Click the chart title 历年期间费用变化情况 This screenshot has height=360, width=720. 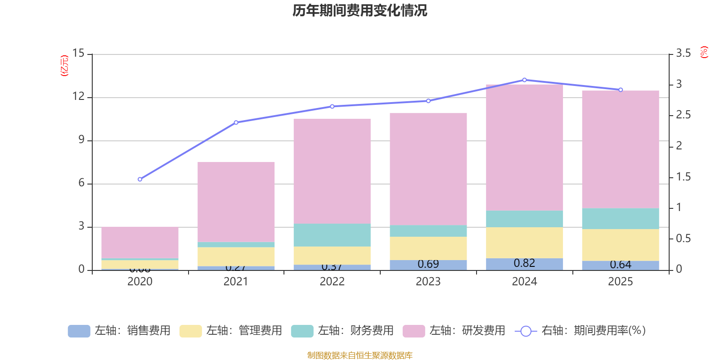coord(360,11)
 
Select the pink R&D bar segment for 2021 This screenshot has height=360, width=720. coord(236,202)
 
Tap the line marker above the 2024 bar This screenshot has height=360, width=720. coord(524,80)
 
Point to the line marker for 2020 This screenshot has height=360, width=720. coord(140,179)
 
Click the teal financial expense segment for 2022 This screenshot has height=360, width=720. coord(332,235)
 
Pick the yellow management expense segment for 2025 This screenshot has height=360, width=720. coord(620,245)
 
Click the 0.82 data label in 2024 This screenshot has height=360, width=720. coord(524,263)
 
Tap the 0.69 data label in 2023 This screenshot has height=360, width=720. coord(428,264)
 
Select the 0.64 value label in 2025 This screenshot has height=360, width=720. coord(620,265)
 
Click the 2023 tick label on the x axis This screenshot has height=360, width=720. coord(428,282)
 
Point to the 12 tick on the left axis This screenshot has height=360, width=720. coord(79,97)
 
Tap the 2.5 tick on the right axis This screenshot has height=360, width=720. coord(683,115)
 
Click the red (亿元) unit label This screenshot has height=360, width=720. coord(65,66)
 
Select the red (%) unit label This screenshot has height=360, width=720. coord(704,52)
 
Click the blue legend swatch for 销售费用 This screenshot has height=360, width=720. coord(79,331)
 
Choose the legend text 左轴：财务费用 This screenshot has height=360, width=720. coord(355,331)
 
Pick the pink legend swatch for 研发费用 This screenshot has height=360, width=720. coord(414,331)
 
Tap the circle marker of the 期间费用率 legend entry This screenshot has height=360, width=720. coord(526,331)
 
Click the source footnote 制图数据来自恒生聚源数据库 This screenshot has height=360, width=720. coord(360,355)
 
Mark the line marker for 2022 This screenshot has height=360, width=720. coord(332,107)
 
